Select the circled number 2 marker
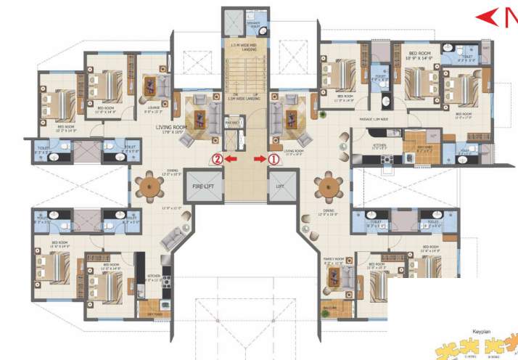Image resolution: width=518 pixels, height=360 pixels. (215, 158)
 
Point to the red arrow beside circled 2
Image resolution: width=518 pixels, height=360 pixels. (231, 158)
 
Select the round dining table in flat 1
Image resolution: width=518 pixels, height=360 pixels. (329, 188)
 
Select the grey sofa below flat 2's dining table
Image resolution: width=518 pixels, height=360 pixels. (173, 238)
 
